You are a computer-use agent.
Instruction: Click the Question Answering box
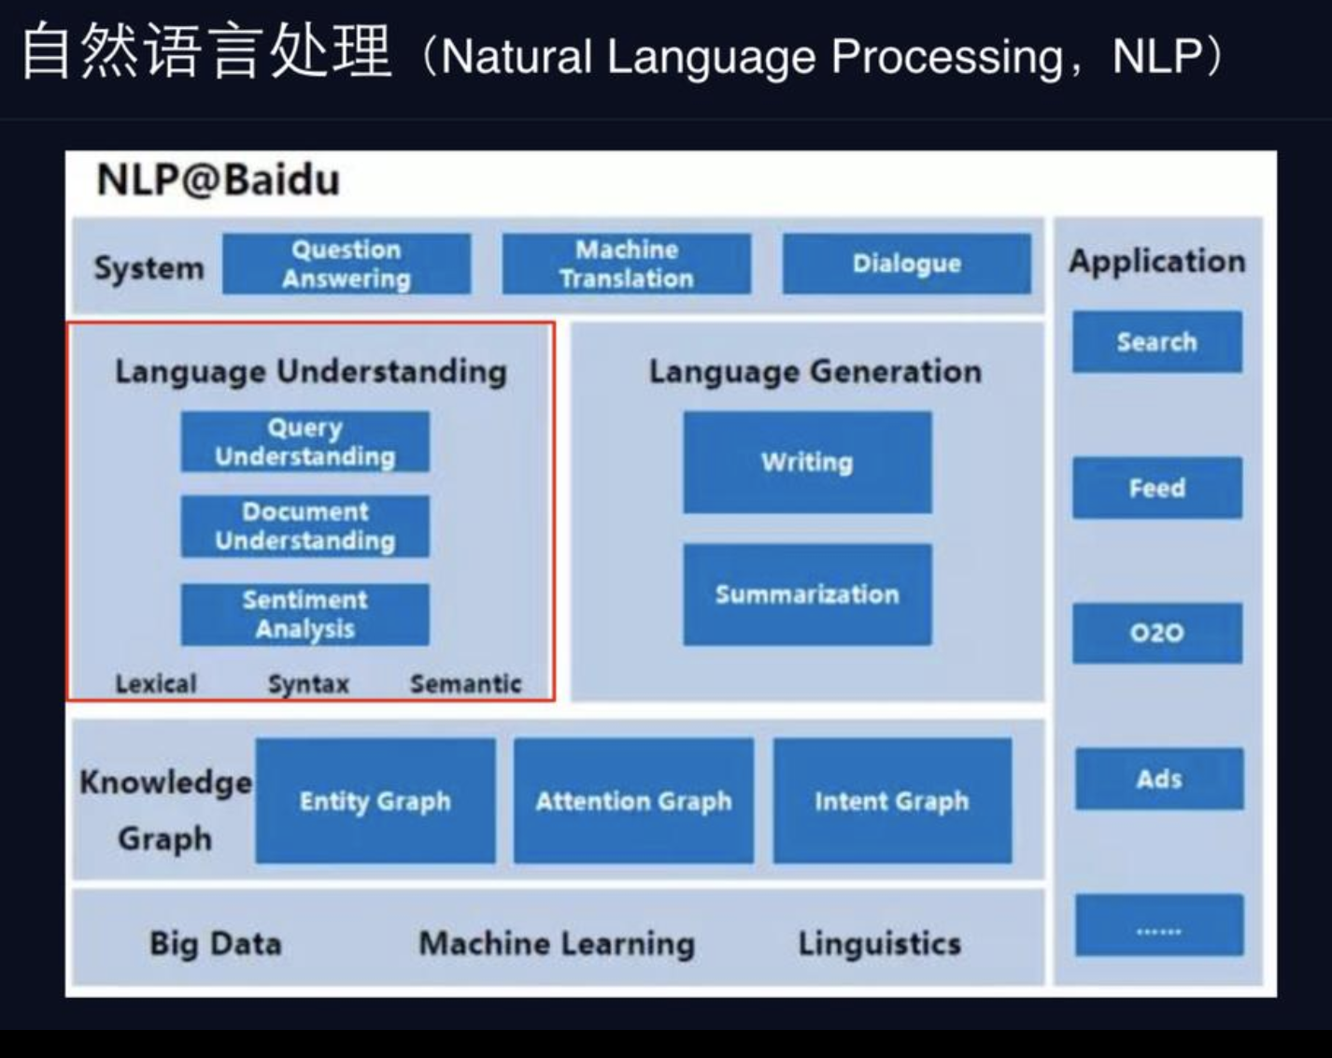pyautogui.click(x=347, y=264)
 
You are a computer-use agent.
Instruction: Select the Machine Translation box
pyautogui.click(x=627, y=264)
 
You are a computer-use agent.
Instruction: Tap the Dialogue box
pyautogui.click(x=907, y=264)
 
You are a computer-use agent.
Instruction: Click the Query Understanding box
pyautogui.click(x=305, y=442)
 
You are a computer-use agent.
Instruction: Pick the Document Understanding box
pyautogui.click(x=305, y=526)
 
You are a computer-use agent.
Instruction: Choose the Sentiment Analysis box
pyautogui.click(x=305, y=614)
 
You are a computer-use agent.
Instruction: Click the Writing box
pyautogui.click(x=807, y=462)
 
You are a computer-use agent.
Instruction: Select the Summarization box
pyautogui.click(x=807, y=594)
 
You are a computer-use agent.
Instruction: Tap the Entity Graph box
pyautogui.click(x=376, y=801)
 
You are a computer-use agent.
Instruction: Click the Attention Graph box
pyautogui.click(x=633, y=801)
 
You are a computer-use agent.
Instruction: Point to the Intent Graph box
pyautogui.click(x=892, y=801)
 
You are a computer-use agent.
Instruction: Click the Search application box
pyautogui.click(x=1157, y=342)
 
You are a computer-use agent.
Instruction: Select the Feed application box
pyautogui.click(x=1157, y=488)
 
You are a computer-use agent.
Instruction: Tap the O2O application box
pyautogui.click(x=1157, y=633)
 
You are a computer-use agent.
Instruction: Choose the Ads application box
pyautogui.click(x=1159, y=779)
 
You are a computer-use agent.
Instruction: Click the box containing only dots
pyautogui.click(x=1159, y=925)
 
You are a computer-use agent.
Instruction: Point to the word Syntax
pyautogui.click(x=308, y=684)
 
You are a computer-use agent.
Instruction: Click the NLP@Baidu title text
pyautogui.click(x=219, y=179)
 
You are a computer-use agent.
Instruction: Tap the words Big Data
pyautogui.click(x=216, y=943)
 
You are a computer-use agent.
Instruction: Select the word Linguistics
pyautogui.click(x=880, y=943)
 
